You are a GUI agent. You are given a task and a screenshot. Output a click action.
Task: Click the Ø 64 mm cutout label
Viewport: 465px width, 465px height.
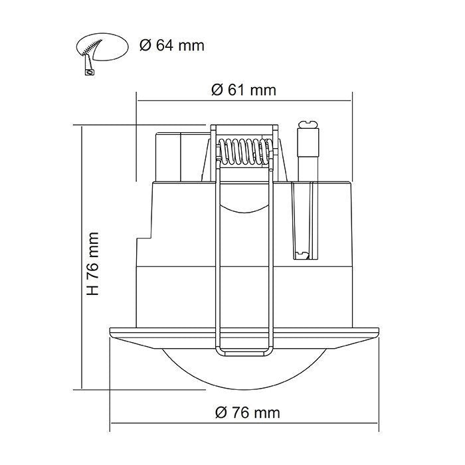171,46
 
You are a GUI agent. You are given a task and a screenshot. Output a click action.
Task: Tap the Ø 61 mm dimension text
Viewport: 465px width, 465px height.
243,90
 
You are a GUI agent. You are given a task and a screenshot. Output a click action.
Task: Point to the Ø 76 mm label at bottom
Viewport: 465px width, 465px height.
247,413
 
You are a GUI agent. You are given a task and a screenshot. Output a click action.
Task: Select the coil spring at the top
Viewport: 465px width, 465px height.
244,152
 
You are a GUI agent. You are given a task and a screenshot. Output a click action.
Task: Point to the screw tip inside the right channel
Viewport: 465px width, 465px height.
304,254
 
